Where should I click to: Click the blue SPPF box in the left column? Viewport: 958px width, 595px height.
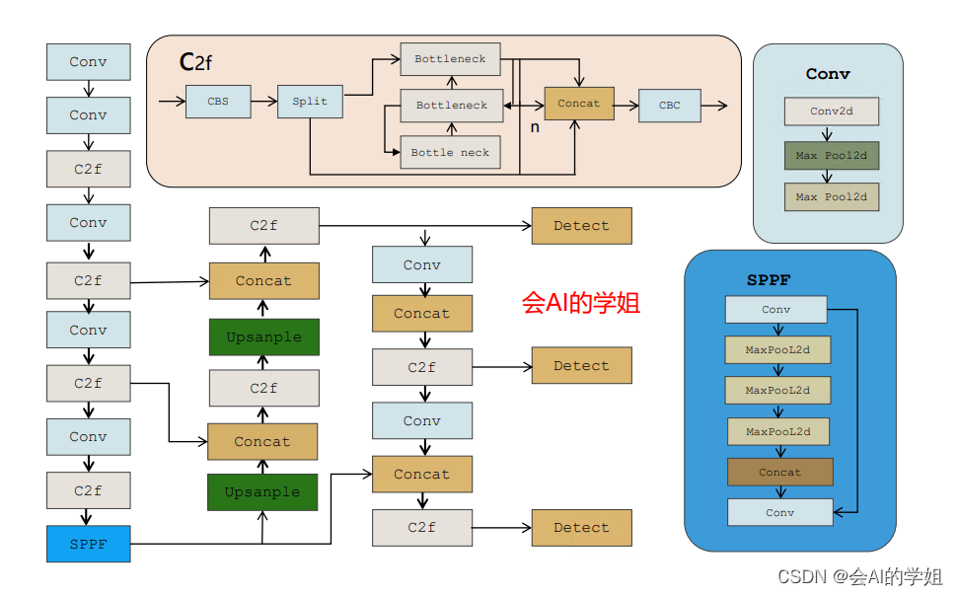[88, 544]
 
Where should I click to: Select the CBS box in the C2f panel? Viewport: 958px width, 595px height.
[218, 102]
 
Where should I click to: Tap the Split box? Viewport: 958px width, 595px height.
[310, 102]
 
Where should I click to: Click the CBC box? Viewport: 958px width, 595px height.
[670, 106]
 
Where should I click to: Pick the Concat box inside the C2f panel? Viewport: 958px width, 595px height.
[579, 104]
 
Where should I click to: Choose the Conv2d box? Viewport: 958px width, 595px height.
[831, 112]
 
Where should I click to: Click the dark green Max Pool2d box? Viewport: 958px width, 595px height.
[831, 156]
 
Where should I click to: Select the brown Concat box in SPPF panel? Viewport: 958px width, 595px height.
[779, 472]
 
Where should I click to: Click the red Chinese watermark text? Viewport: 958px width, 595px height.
[581, 303]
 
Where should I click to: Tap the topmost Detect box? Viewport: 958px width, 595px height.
[581, 226]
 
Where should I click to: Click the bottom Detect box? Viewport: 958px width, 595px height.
[581, 528]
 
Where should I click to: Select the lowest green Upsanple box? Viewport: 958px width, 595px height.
[261, 492]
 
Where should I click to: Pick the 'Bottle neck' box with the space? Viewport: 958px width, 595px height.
[450, 153]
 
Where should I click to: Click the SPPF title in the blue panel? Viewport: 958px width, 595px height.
[769, 280]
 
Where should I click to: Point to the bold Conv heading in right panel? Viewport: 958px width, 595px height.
[828, 74]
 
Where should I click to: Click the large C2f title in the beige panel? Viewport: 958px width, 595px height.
[195, 63]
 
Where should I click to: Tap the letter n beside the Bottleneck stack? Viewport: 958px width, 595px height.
[535, 127]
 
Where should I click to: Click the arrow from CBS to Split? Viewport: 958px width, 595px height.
[263, 102]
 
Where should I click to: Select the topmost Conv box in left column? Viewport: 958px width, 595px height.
[88, 62]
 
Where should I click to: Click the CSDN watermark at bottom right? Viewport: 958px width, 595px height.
[859, 576]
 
